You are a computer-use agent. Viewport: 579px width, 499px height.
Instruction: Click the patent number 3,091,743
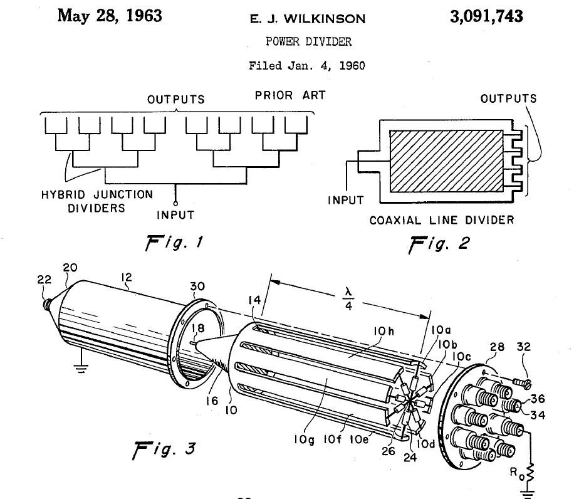pyautogui.click(x=486, y=17)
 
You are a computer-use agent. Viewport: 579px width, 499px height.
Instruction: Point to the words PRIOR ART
pyautogui.click(x=290, y=96)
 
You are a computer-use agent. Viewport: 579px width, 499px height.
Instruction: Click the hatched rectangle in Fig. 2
pyautogui.click(x=446, y=162)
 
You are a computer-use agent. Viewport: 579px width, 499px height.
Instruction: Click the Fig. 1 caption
pyautogui.click(x=167, y=241)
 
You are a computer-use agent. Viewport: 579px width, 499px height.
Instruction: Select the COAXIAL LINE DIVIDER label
pyautogui.click(x=442, y=220)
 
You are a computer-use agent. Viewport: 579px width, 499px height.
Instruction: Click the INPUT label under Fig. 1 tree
pyautogui.click(x=175, y=215)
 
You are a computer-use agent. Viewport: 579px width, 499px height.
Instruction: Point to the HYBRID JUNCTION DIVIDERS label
pyautogui.click(x=97, y=201)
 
